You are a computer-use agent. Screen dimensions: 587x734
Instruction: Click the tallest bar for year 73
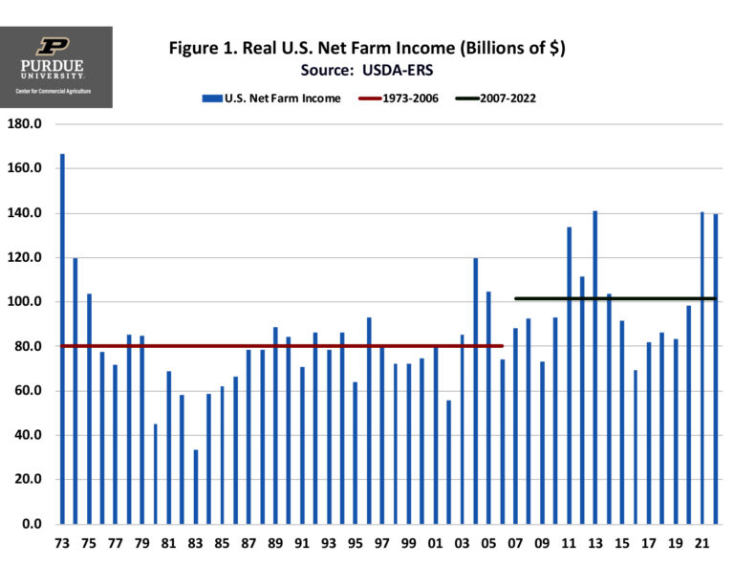coord(63,338)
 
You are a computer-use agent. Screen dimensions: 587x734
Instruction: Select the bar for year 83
coord(196,487)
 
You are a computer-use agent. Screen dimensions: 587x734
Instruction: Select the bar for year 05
coord(488,407)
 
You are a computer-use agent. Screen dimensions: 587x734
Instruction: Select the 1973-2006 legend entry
coord(398,98)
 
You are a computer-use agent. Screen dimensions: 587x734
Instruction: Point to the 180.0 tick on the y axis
coord(26,124)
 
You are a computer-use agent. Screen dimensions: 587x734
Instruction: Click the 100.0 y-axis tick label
coord(26,302)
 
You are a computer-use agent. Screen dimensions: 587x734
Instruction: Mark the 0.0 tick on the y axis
coord(32,524)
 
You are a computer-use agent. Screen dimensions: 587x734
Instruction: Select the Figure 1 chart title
coord(367,48)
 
